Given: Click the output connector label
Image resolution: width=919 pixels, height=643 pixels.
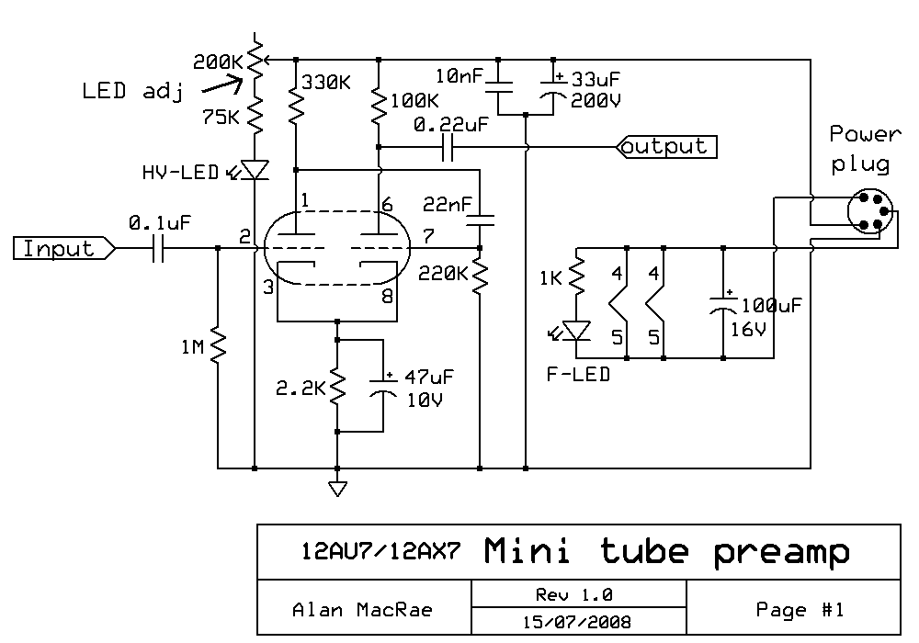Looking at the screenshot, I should (x=665, y=146).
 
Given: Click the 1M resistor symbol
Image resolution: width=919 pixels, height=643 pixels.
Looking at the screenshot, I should (x=218, y=346).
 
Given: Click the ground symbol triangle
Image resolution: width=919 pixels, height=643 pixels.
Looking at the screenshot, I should (x=338, y=488).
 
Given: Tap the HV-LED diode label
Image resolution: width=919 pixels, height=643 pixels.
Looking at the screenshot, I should (x=180, y=172).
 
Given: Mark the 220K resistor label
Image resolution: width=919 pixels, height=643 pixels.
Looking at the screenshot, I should (x=444, y=273).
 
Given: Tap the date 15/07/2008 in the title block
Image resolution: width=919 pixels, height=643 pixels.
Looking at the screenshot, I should (x=577, y=621).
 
